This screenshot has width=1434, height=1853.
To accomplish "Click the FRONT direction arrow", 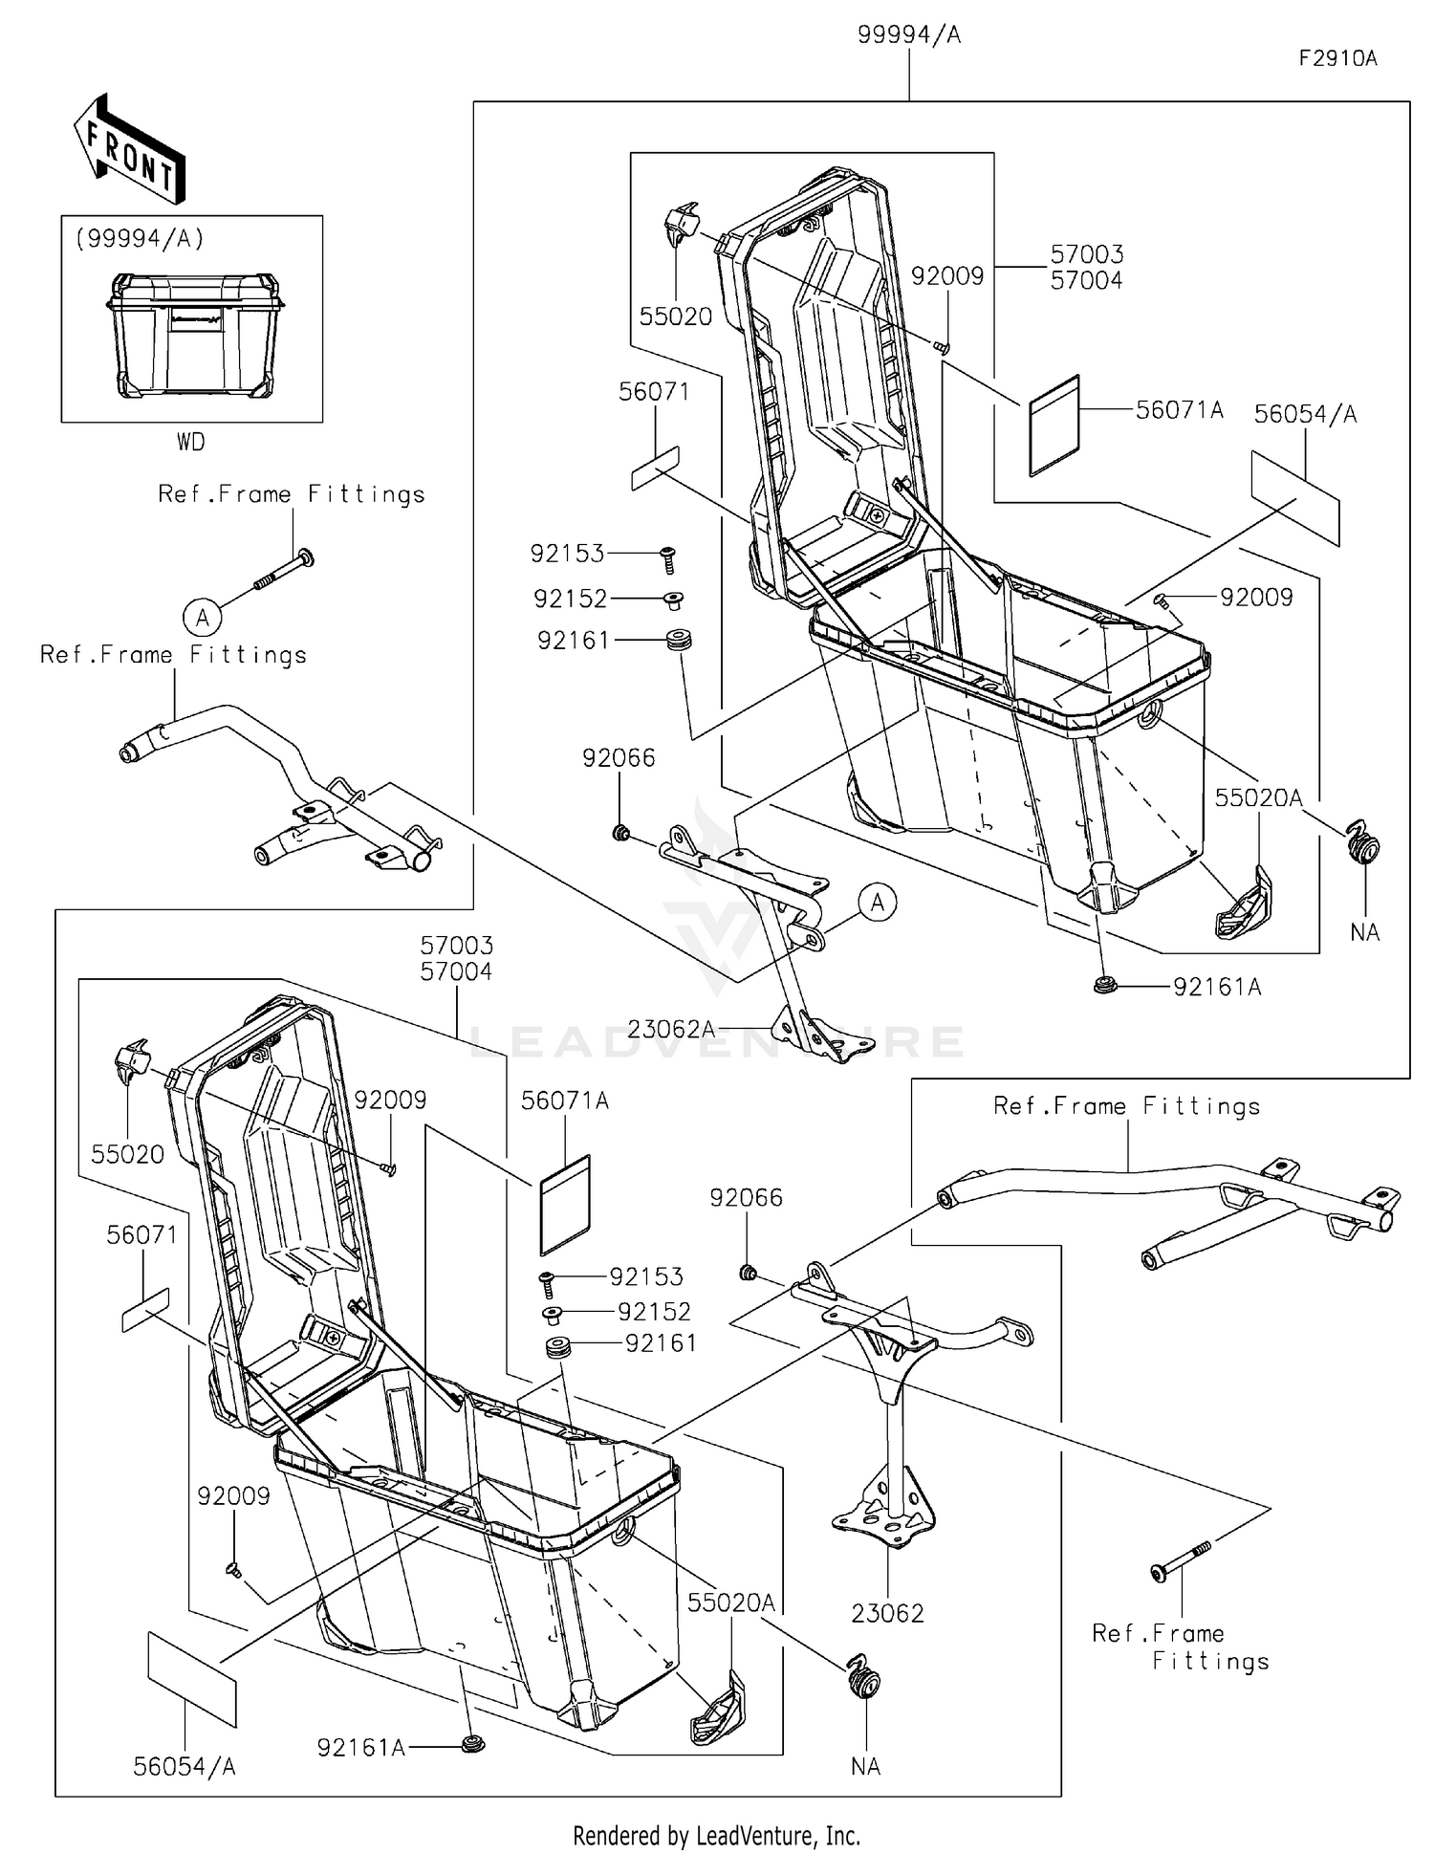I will coord(129,150).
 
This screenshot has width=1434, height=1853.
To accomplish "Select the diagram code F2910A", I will coord(1336,58).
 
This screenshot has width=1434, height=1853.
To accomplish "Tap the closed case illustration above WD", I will coord(195,335).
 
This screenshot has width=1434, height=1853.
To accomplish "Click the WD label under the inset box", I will coord(190,442).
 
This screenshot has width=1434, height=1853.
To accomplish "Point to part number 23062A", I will coord(670,1029).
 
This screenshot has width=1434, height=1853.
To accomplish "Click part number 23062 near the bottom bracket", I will coord(887,1614).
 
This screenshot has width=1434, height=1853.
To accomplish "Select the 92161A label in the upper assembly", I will coord(1217,988).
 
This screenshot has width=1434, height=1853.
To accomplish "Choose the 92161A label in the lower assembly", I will coord(361,1748).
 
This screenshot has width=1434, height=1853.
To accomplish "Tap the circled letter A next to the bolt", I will coord(203,618).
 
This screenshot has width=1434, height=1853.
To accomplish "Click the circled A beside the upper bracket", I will coord(878,903).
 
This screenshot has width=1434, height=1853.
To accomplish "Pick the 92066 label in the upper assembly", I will coord(619,758).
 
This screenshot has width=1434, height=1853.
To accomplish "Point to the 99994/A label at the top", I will coord(908,35).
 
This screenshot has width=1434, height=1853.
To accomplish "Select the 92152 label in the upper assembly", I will coord(570,599).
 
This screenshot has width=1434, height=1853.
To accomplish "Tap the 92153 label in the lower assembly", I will coord(647,1276).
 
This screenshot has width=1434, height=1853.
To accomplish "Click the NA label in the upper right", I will coord(1365,932).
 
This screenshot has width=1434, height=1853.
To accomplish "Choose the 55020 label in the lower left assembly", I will coord(127,1154).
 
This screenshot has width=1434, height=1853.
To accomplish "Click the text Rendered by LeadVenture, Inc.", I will coord(716,1835).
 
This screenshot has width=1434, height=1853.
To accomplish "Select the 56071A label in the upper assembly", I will coord(1180,410).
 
